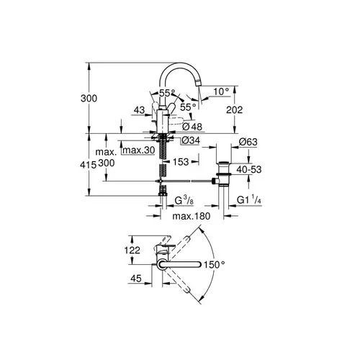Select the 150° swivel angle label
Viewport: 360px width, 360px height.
tap(215, 264)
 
